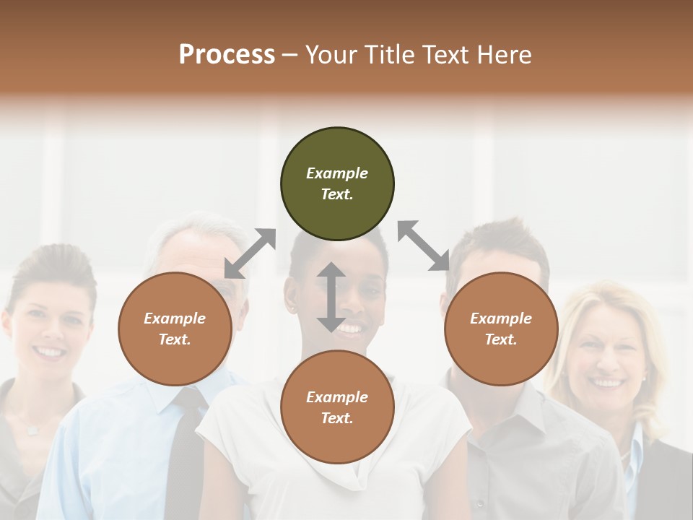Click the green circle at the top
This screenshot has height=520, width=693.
click(x=337, y=184)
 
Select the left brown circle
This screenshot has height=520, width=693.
click(x=175, y=329)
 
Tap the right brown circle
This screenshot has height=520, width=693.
click(x=501, y=329)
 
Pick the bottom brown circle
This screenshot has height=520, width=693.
click(x=337, y=407)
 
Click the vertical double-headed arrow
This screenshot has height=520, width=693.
click(x=331, y=297)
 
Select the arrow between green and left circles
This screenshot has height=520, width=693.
click(x=250, y=253)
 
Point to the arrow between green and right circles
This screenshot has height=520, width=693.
click(x=423, y=246)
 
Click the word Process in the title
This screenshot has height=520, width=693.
click(x=227, y=54)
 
